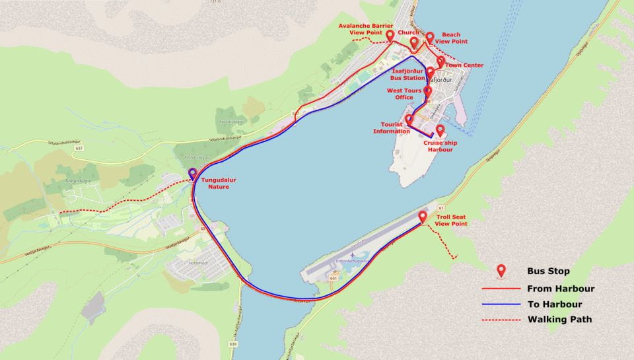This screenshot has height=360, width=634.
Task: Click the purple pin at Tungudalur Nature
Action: pos(192,174)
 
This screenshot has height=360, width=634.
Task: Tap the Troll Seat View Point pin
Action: pos(423,215)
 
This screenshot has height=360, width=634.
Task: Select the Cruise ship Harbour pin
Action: pos(440,130)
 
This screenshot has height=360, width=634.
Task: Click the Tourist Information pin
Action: pos(409,120)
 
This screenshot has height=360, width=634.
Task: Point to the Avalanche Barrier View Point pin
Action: pos(390,36)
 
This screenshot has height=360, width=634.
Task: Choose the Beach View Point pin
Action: pos(430,38)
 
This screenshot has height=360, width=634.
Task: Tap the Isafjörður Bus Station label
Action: pos(409,73)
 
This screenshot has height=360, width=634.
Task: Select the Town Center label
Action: pos(464,65)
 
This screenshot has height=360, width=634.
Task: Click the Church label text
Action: pos(408,32)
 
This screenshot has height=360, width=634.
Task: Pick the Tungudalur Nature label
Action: pos(219,182)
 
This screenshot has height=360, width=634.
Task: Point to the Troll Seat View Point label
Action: pos(451,220)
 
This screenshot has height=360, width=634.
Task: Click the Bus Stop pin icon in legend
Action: pos(501,270)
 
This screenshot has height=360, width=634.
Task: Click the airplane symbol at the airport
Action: pos(353,255)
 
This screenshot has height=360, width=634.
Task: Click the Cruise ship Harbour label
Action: pos(439,146)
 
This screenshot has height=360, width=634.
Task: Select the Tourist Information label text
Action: pos(391,127)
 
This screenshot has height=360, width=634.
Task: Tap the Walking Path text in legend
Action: pos(559,320)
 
